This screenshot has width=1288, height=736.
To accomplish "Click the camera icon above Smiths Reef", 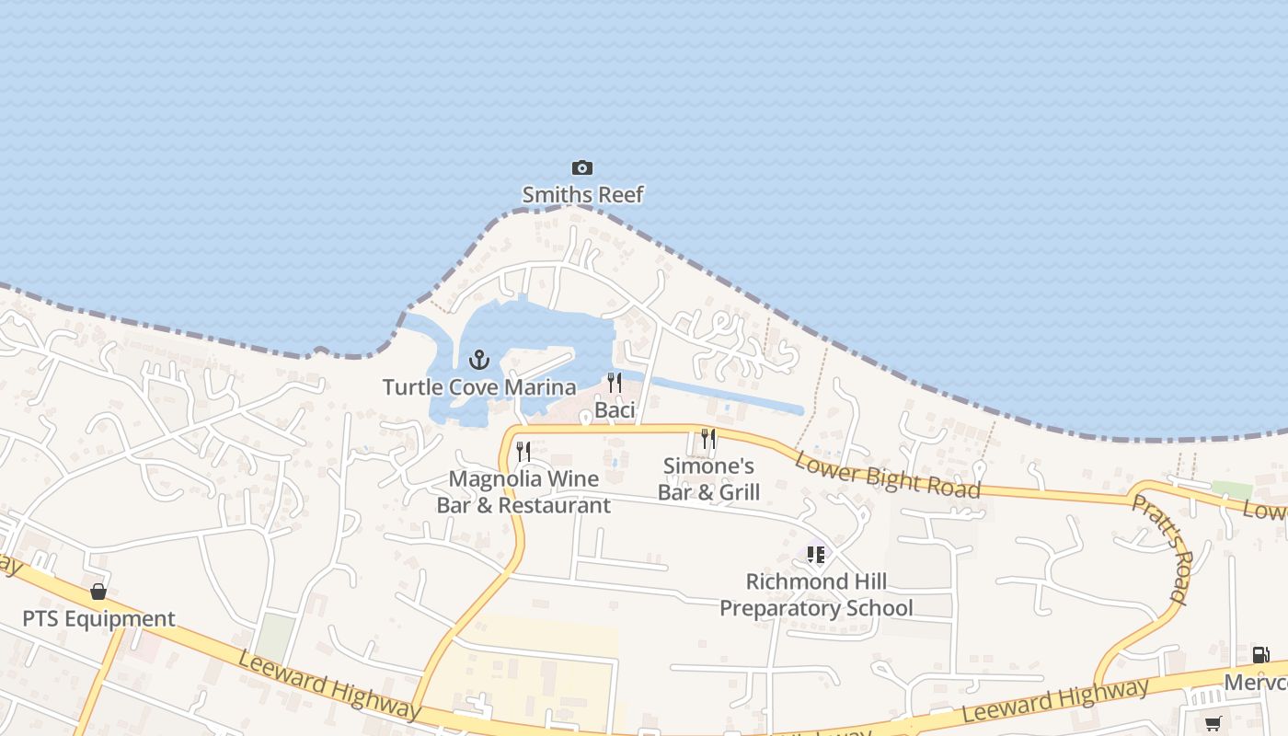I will [x=581, y=167].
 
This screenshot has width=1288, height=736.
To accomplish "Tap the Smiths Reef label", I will [x=582, y=194].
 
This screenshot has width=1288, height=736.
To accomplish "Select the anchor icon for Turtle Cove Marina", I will [x=478, y=360].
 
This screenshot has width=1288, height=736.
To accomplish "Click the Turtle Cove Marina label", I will [x=478, y=387].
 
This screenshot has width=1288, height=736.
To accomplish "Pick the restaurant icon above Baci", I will [x=615, y=383].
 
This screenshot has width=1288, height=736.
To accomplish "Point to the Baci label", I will [x=615, y=409].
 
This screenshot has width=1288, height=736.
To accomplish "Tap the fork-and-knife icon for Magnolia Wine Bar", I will [x=523, y=451].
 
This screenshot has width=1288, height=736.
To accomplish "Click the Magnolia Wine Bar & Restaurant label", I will [x=523, y=492].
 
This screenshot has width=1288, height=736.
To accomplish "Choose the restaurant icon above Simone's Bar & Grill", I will [x=708, y=439].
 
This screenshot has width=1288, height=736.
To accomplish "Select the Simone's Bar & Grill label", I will [x=708, y=479].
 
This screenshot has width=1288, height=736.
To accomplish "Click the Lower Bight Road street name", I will [x=887, y=475].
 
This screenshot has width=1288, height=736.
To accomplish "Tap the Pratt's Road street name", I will [x=1160, y=548].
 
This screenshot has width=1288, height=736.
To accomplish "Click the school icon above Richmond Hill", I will [x=816, y=555].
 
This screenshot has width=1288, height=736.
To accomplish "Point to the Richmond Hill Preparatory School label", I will [x=816, y=595].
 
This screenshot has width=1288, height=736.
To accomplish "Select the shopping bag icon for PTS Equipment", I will [x=98, y=592].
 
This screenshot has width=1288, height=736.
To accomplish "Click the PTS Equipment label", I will [x=98, y=618].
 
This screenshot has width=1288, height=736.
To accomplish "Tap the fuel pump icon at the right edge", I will [x=1260, y=655].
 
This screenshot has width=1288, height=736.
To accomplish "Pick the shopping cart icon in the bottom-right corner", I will [x=1213, y=723].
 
